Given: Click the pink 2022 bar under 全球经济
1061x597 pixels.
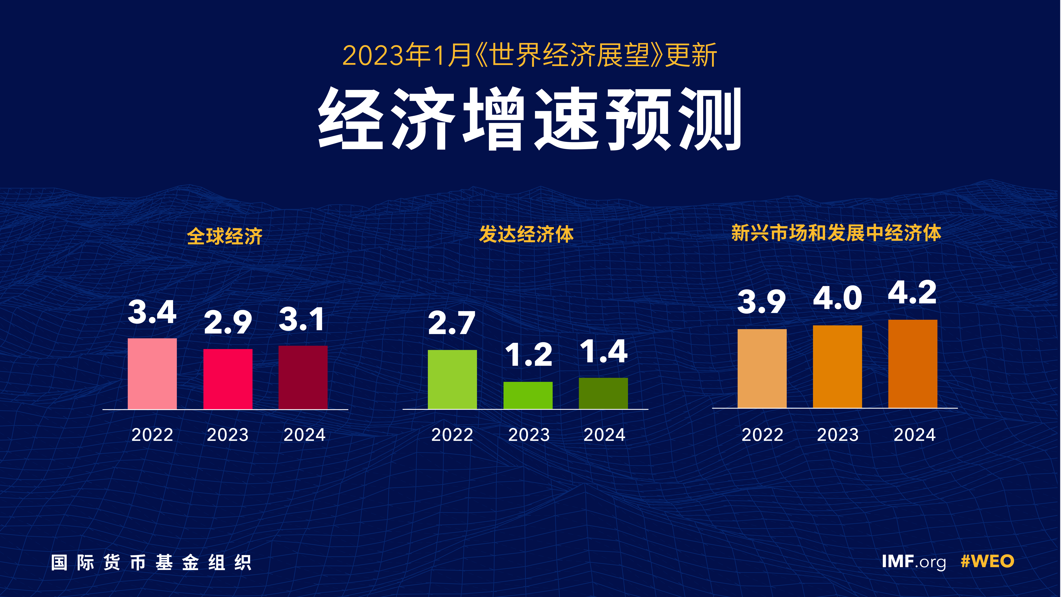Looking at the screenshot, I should click(x=152, y=374).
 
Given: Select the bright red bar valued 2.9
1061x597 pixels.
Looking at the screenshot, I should click(x=228, y=379).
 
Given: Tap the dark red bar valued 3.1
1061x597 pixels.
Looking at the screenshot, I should click(x=303, y=377).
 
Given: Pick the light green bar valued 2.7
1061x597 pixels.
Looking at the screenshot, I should click(x=452, y=379).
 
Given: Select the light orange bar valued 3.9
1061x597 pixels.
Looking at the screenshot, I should click(x=762, y=368).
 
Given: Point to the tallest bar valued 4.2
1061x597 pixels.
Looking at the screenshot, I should click(x=913, y=364).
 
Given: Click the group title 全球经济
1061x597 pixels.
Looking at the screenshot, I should click(x=225, y=236).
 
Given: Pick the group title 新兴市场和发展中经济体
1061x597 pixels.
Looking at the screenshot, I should click(x=836, y=233).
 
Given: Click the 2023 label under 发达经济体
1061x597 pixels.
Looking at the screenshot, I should click(x=529, y=435).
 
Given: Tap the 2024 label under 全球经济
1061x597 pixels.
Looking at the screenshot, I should click(x=304, y=435).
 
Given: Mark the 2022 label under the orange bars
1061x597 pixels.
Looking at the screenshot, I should click(x=762, y=435).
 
